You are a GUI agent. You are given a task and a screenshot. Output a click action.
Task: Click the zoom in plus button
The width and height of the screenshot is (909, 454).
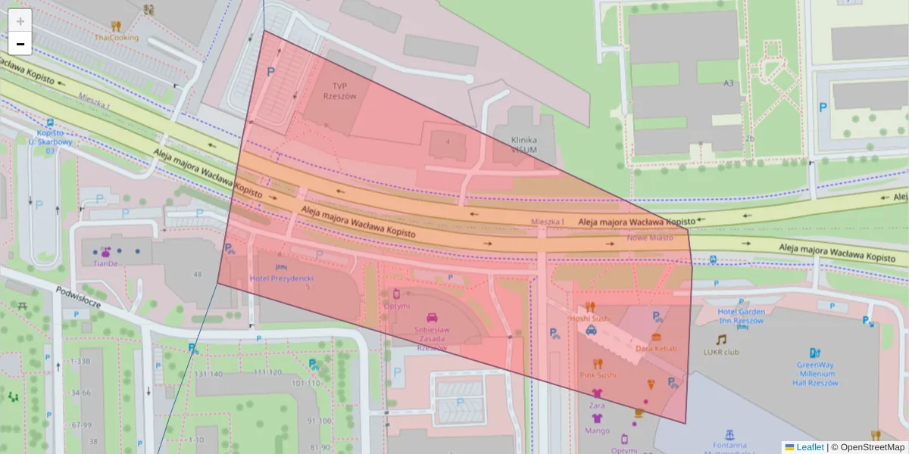pyautogui.click(x=20, y=21)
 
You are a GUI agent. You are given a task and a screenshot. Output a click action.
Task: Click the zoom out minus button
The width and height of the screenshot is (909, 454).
pyautogui.click(x=20, y=44)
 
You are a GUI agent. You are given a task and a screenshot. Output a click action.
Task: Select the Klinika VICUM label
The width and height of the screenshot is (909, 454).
pyautogui.click(x=523, y=145)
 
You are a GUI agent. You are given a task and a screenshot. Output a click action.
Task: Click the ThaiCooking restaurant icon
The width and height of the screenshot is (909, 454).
pyautogui.click(x=115, y=26)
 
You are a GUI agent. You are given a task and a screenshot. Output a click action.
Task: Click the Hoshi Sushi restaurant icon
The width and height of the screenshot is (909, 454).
pyautogui.click(x=590, y=307)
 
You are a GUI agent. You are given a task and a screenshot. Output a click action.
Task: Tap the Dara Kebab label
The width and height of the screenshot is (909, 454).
pyautogui.click(x=656, y=348)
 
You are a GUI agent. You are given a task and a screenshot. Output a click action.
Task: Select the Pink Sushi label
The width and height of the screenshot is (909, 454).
pyautogui.click(x=598, y=375)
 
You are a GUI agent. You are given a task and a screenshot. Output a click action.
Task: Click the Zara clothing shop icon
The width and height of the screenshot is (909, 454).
pyautogui.click(x=597, y=393)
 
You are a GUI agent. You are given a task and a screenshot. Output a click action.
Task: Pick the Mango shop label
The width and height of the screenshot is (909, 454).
pyautogui.click(x=597, y=431)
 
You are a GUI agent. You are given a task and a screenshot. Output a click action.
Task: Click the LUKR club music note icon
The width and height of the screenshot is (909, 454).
pyautogui.click(x=721, y=340)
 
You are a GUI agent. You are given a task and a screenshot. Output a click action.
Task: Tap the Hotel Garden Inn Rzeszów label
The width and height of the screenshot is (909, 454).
pyautogui.click(x=742, y=316)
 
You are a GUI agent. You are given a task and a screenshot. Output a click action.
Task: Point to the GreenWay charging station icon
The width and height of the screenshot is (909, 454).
pyautogui.click(x=815, y=353)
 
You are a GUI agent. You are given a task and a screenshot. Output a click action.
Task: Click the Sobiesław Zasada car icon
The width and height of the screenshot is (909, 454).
pyautogui.click(x=432, y=318)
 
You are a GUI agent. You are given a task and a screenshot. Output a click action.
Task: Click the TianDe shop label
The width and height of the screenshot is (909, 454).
pyautogui.click(x=105, y=263)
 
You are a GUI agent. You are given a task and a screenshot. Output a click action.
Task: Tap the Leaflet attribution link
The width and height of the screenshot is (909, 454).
pyautogui.click(x=810, y=447)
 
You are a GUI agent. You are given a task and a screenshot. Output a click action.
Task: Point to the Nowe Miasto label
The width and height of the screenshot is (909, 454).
pyautogui.click(x=650, y=238)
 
